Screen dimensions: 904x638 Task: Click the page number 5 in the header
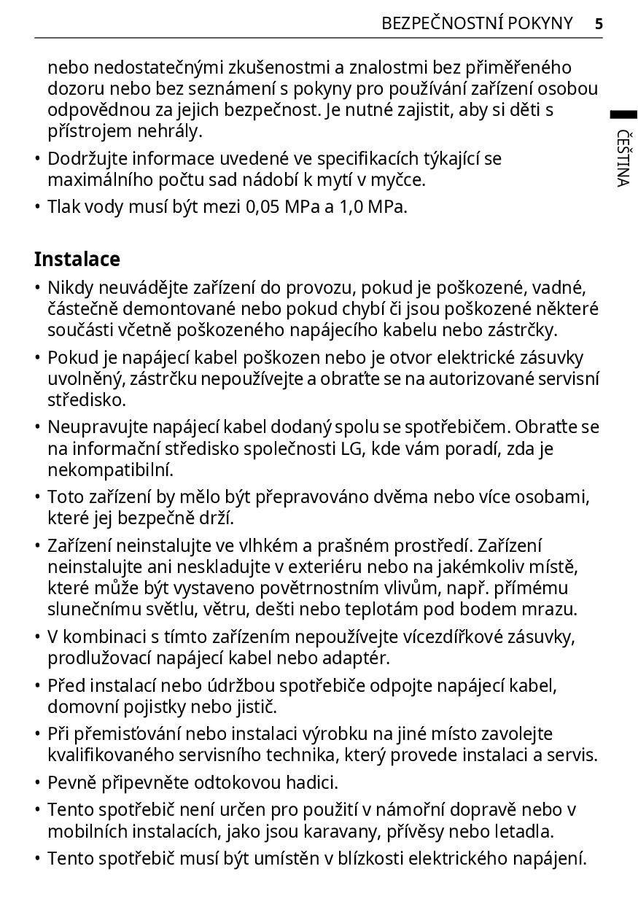tap(599, 24)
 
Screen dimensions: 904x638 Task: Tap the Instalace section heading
tap(77, 260)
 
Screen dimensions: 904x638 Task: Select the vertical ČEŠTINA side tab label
tap(622, 158)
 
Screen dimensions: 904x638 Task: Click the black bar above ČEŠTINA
tap(623, 114)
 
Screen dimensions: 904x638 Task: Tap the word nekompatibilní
tap(111, 469)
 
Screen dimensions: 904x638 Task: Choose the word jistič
tap(255, 707)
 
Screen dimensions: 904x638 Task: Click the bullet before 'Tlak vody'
tap(37, 207)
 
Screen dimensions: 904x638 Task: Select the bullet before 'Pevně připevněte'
tap(37, 783)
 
